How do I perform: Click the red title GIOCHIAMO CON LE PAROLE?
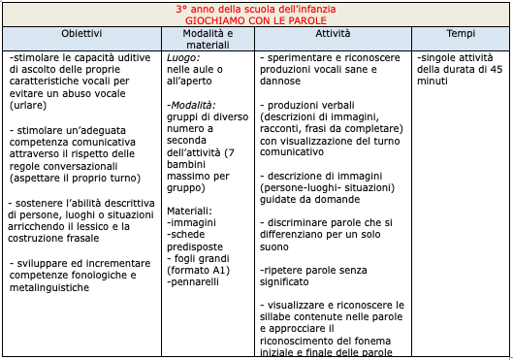click(x=256, y=19)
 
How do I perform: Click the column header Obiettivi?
click(x=81, y=33)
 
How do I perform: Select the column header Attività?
click(x=333, y=33)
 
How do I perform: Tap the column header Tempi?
click(x=461, y=33)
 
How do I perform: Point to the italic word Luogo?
click(x=183, y=58)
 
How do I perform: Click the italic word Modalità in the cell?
click(x=191, y=104)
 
